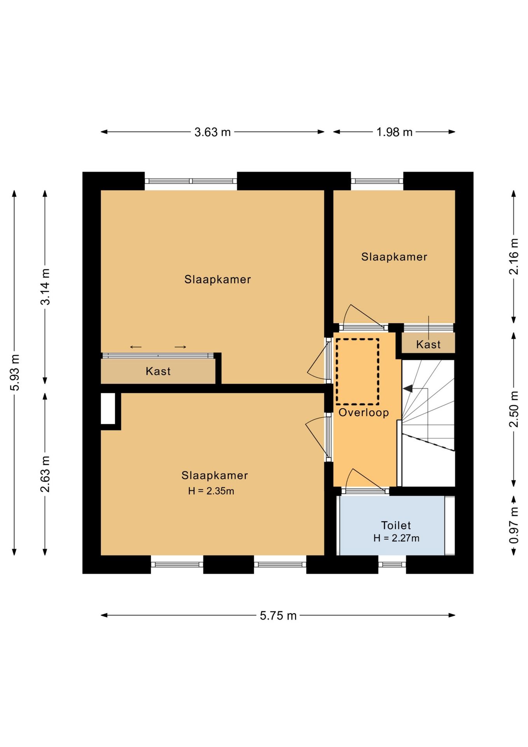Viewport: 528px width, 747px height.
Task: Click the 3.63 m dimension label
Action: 212,132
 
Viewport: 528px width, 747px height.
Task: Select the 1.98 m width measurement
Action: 394,132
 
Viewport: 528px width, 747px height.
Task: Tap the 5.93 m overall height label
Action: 14,372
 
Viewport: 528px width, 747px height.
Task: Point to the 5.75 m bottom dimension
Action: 278,616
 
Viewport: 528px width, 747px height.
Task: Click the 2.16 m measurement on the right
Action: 514,256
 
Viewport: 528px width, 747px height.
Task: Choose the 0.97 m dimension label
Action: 514,525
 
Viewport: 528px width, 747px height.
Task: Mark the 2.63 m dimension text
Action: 45,474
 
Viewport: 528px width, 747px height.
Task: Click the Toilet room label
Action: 396,525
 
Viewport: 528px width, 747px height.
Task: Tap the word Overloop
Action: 364,412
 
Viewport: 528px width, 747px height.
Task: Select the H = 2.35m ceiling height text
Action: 211,491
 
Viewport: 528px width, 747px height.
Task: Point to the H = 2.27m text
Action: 396,538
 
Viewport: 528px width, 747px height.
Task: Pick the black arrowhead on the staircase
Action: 407,388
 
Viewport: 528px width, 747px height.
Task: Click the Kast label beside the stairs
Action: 428,344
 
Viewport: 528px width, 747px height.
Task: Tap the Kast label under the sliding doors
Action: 158,371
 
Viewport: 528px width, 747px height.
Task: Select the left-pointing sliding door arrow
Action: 136,347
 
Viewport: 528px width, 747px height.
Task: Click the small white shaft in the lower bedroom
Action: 108,409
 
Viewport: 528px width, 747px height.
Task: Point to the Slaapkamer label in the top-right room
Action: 394,257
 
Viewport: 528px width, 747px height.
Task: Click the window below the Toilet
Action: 392,565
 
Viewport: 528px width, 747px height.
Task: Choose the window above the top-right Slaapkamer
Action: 377,181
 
